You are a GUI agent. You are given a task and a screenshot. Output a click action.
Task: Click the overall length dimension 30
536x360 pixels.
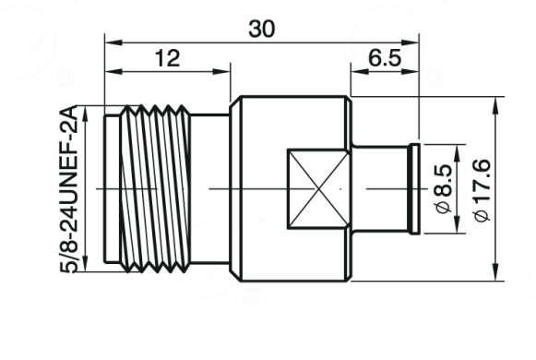pos(261,29)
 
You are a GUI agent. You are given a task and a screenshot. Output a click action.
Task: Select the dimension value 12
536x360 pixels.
pos(167,58)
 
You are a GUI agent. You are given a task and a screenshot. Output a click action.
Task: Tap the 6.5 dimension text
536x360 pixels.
pos(385,58)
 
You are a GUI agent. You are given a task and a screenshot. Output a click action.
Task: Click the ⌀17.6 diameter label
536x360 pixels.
pos(482,190)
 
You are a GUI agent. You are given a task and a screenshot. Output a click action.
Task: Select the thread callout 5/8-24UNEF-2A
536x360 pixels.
pos(69,189)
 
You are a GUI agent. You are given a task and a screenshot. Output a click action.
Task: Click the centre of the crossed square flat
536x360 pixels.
pos(318,188)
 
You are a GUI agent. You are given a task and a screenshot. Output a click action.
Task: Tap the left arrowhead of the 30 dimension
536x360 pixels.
pos(113,42)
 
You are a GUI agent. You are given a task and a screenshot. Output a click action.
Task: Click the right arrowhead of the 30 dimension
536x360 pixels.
pos(410,42)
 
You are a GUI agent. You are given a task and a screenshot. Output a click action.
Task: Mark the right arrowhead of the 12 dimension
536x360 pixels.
pos(221,71)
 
